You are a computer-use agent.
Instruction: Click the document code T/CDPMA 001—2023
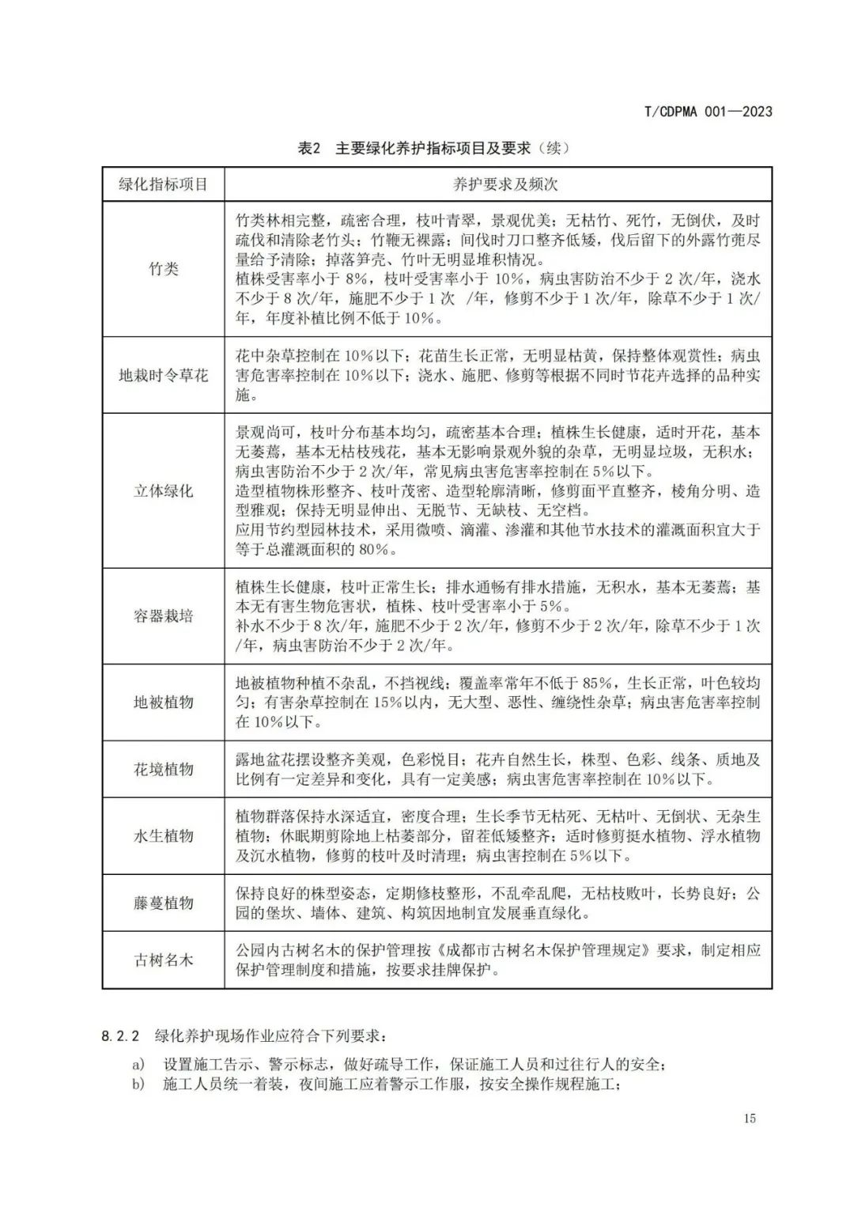pos(708,112)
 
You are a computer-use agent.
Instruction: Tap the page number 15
pos(750,1118)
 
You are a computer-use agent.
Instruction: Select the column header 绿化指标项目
pos(163,184)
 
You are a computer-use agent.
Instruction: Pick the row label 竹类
pos(163,269)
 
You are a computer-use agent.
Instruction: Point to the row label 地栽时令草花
pos(163,375)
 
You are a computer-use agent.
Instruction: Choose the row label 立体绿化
pos(163,490)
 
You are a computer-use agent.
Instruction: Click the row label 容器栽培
pos(163,616)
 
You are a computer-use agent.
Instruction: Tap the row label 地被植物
pos(163,702)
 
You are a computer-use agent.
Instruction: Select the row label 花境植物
pos(163,769)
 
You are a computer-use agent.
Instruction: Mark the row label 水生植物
pos(163,836)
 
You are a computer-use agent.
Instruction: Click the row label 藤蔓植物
pos(163,903)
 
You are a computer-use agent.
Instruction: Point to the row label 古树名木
pos(163,960)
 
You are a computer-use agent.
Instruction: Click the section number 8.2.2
pos(120,1036)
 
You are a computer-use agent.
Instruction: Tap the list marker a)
pos(138,1065)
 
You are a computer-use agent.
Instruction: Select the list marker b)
pos(138,1085)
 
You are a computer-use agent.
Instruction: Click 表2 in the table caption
pos(308,149)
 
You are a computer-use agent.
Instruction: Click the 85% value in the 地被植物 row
pos(599,684)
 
